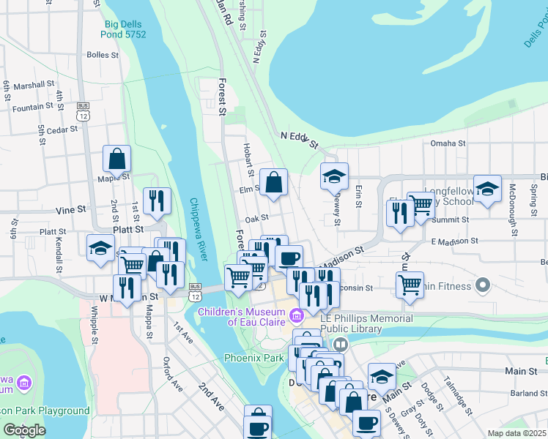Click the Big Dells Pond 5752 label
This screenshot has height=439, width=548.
click(122, 29)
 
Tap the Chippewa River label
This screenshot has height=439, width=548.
click(197, 228)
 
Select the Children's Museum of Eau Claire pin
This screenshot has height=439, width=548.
click(296, 316)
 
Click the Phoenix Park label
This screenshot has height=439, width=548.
click(253, 359)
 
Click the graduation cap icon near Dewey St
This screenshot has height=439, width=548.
click(334, 176)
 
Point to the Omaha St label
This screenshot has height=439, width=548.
click(448, 143)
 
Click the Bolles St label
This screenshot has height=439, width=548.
click(102, 55)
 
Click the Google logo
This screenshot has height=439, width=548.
click(24, 430)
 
